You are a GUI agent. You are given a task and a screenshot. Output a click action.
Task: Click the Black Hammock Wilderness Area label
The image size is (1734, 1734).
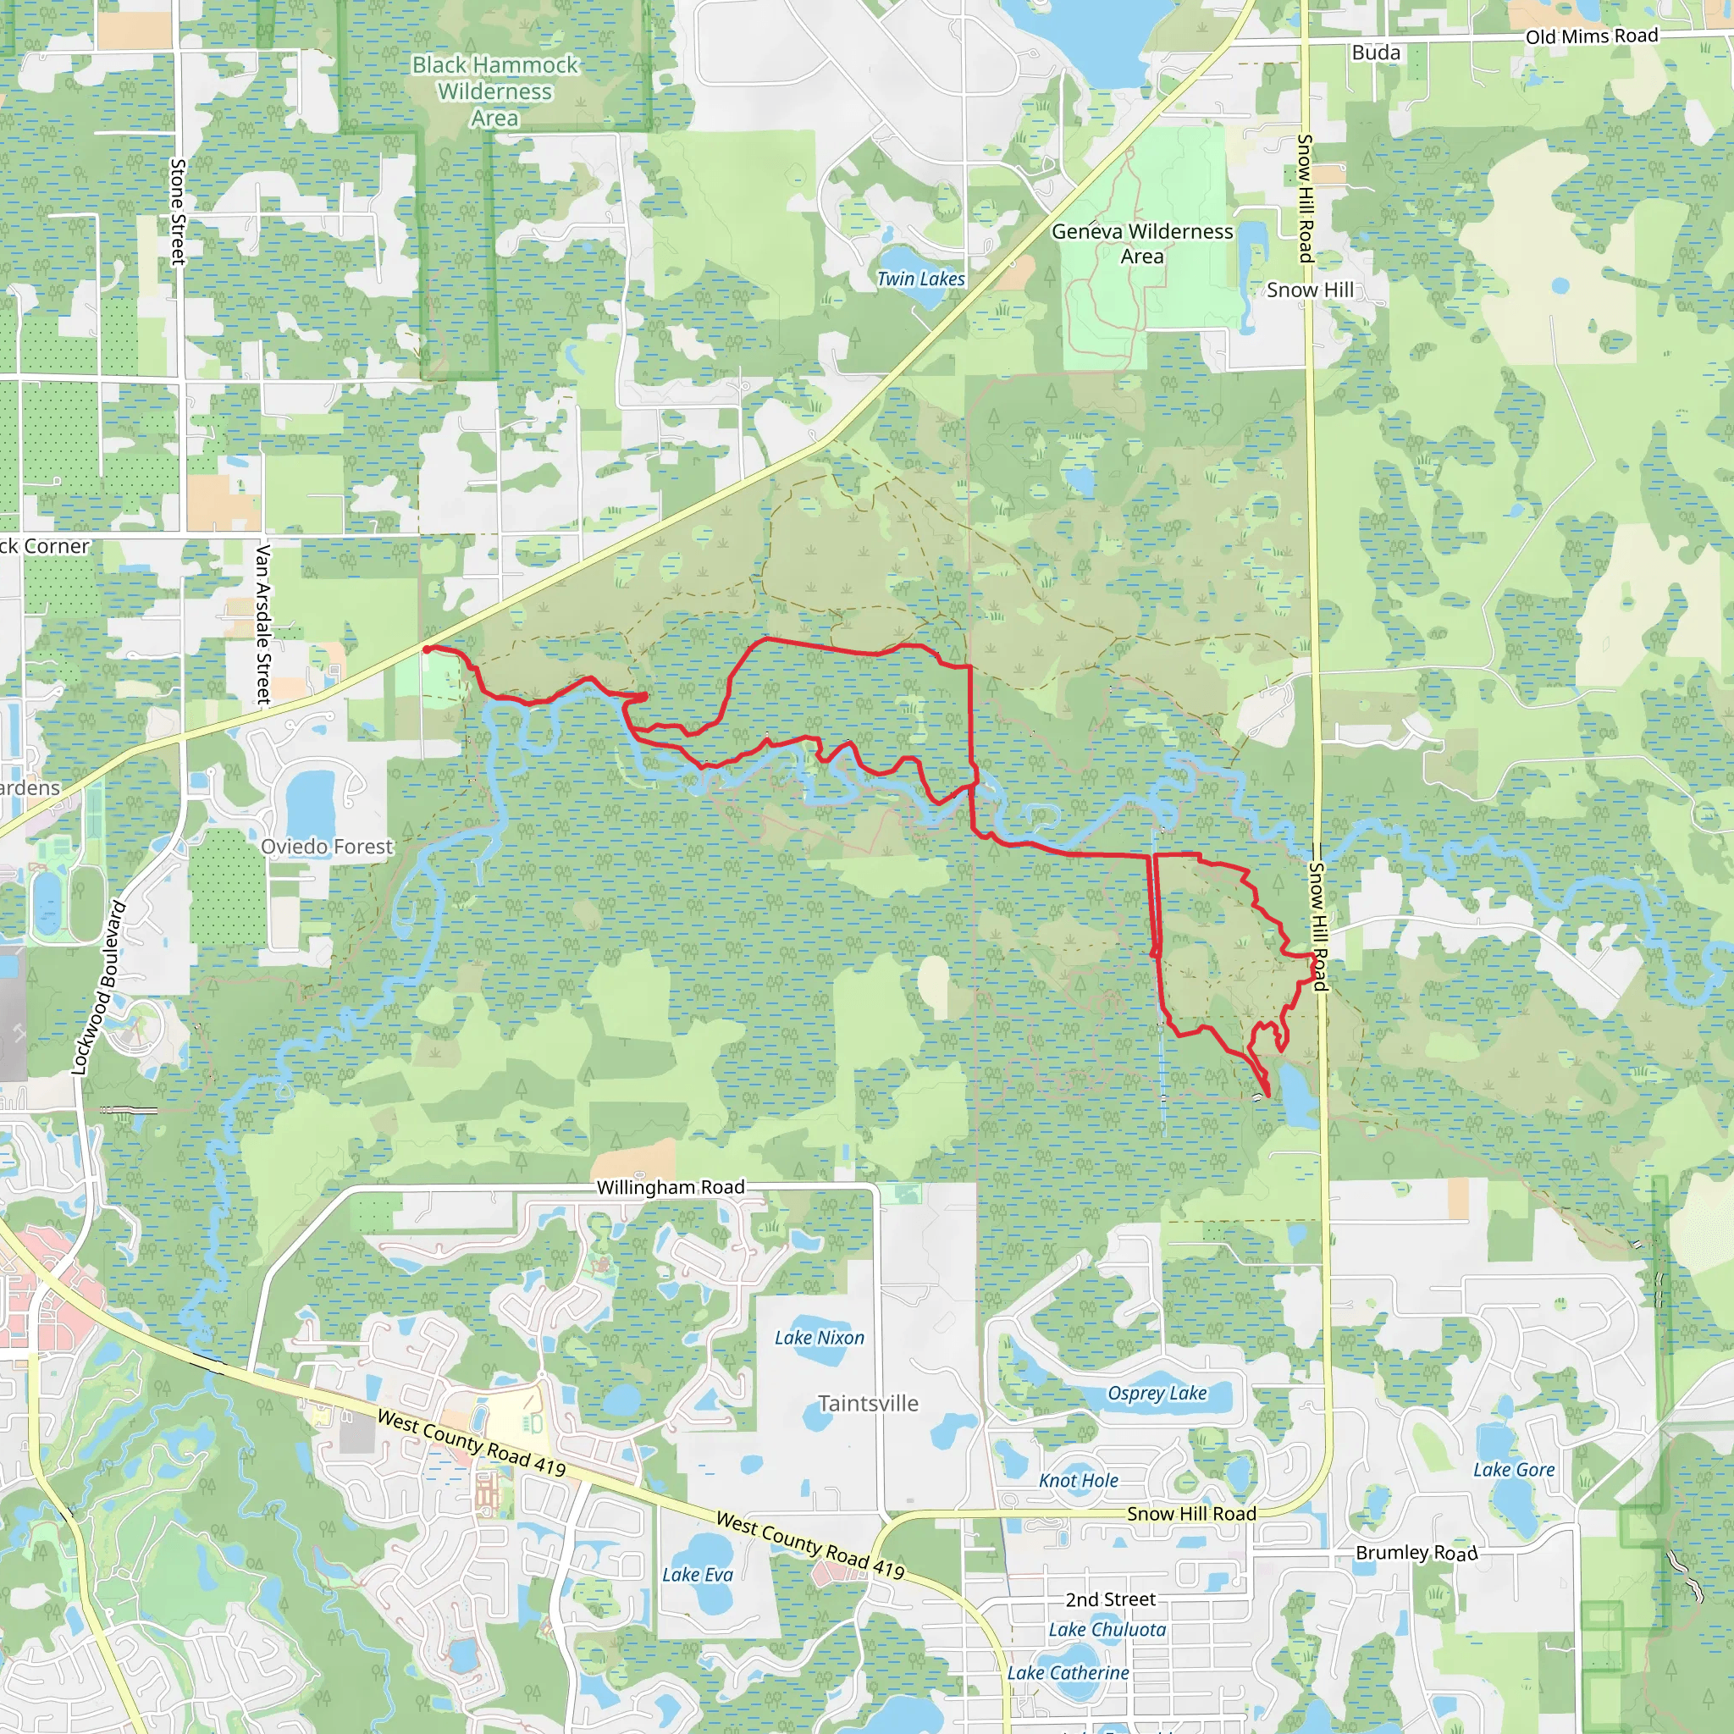[494, 91]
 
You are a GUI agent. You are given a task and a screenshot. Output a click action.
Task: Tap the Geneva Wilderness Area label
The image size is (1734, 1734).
[1141, 243]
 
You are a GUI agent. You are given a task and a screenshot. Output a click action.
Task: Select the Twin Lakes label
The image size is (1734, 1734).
[921, 279]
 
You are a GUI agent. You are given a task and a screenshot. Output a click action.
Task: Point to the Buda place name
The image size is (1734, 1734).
[1376, 53]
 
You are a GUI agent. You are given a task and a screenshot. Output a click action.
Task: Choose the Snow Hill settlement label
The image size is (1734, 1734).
[1310, 290]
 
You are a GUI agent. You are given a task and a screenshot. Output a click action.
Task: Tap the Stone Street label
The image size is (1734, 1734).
[179, 212]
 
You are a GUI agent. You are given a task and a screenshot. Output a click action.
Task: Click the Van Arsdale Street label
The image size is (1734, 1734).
[263, 624]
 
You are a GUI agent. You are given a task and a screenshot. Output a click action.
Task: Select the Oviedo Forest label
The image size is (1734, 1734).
[327, 847]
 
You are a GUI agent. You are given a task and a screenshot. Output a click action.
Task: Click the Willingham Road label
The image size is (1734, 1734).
[671, 1187]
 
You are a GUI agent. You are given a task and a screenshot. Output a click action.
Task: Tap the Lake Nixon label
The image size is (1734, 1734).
[820, 1337]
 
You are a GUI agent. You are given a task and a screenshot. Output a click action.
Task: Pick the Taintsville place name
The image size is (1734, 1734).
[868, 1404]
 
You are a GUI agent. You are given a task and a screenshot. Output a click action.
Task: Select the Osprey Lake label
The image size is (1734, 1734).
[1157, 1393]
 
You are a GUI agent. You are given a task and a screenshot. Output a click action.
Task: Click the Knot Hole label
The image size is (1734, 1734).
[1078, 1481]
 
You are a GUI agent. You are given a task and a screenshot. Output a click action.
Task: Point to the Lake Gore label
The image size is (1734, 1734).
[1513, 1470]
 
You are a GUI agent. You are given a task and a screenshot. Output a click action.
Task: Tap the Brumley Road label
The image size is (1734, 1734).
[1416, 1553]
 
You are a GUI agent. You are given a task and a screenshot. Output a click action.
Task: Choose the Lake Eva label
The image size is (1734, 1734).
[698, 1574]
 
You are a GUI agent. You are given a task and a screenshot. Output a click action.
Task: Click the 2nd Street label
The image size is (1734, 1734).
[1110, 1599]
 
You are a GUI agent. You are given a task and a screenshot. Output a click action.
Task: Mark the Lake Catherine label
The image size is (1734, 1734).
[1068, 1673]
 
